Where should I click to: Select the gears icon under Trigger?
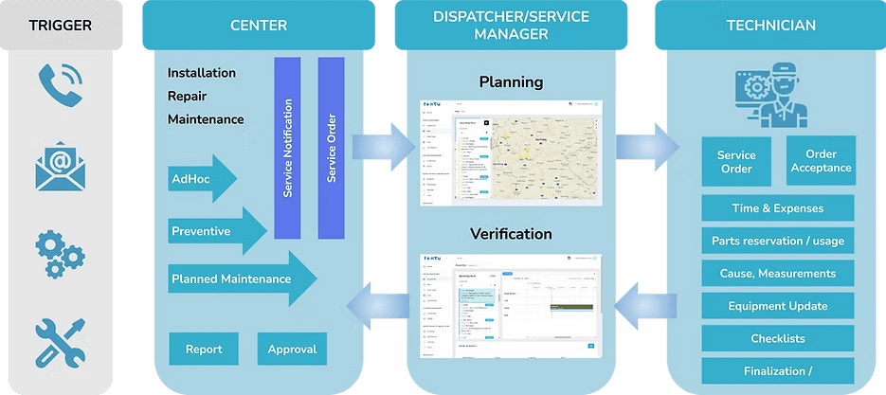(x=59, y=249)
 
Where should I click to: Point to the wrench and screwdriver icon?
(x=59, y=341)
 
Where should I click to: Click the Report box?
(x=204, y=350)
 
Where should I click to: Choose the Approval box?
(x=291, y=350)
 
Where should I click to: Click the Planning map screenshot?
(x=511, y=153)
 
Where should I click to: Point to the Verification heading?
(x=510, y=233)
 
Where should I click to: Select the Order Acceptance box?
(x=821, y=161)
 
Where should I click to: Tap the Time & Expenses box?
(x=779, y=208)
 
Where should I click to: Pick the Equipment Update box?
(x=779, y=306)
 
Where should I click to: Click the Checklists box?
(x=779, y=338)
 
